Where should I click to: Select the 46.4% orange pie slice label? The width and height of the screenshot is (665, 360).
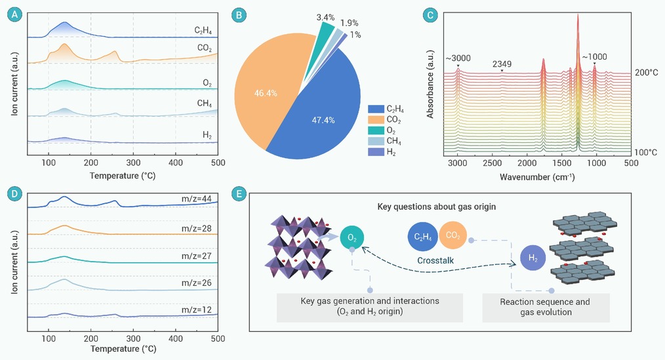tap(266, 94)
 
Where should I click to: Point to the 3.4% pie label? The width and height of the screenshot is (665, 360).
tap(325, 11)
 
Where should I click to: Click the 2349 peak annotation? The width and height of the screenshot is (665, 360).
tap(502, 64)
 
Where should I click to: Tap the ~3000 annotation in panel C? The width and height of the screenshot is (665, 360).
tap(458, 59)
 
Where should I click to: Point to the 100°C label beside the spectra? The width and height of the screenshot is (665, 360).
tap(647, 151)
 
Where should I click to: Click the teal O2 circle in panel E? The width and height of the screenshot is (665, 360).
tap(352, 236)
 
